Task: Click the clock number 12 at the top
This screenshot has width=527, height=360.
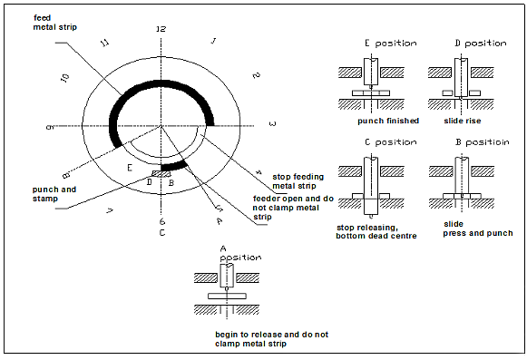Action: click(x=161, y=29)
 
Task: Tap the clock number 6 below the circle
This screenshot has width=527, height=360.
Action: click(x=161, y=221)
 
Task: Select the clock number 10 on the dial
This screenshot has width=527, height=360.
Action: click(x=64, y=78)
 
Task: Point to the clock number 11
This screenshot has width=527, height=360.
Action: click(x=105, y=43)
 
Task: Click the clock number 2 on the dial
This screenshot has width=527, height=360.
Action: click(x=257, y=75)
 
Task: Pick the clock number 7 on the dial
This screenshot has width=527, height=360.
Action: click(x=109, y=210)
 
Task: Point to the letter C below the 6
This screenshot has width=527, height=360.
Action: click(x=161, y=233)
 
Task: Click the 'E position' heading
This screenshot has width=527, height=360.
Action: click(x=390, y=43)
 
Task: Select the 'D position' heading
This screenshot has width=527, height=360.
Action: click(x=480, y=43)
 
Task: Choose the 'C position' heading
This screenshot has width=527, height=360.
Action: click(x=390, y=143)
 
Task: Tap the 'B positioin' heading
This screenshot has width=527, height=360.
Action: click(x=482, y=143)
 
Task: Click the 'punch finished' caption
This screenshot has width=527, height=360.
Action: click(x=388, y=120)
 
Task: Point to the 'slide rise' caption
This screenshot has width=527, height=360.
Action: click(x=467, y=120)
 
